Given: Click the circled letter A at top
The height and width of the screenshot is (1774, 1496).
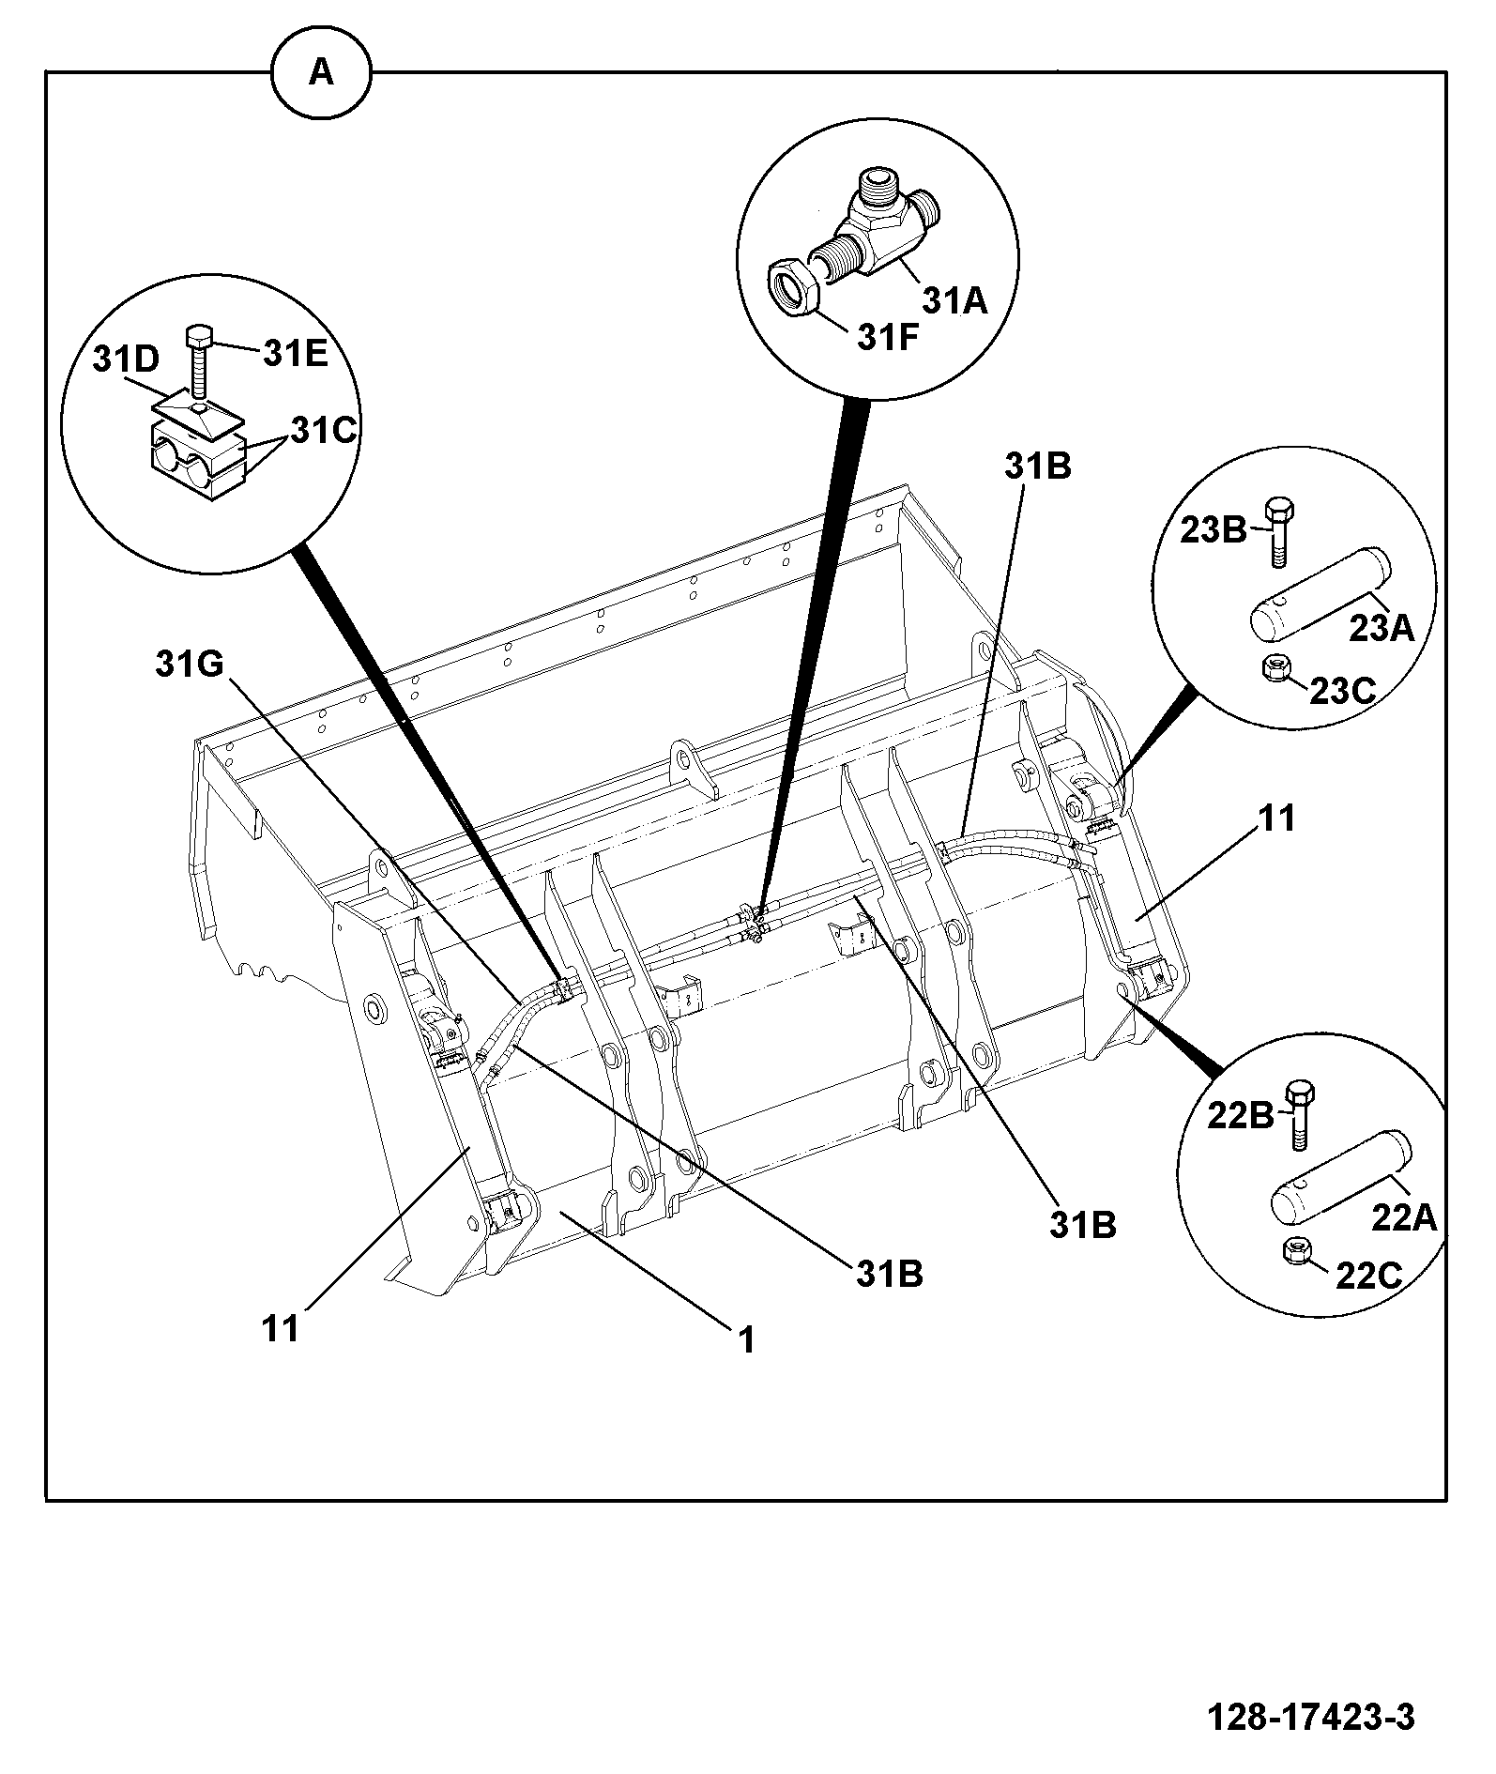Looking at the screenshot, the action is pos(321,72).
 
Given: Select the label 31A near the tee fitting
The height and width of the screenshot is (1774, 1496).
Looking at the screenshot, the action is pos(955,300).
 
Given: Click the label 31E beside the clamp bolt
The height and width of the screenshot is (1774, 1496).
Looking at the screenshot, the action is pos(295,354).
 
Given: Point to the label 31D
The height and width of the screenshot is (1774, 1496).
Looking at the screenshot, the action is pos(127,360).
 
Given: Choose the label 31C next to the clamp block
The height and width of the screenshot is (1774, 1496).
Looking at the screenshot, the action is pos(324,430).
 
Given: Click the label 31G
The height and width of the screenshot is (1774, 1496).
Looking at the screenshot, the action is pos(190,665).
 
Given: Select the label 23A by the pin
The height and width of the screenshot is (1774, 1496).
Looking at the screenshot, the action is pos(1382,628).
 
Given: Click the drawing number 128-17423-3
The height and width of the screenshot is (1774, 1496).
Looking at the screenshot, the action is pos(1310,1718).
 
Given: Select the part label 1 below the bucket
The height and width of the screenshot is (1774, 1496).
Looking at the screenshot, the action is pos(746,1340).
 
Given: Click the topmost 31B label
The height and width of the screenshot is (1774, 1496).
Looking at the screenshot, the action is pos(1038,466).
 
